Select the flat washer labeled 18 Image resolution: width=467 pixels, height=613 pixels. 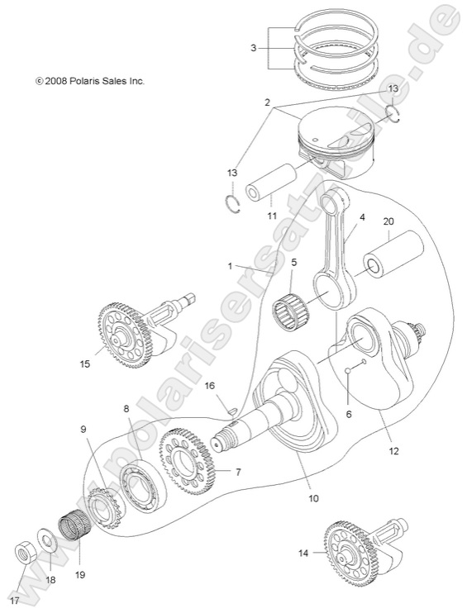click(50, 539)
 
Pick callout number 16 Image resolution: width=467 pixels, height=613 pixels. click(209, 386)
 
